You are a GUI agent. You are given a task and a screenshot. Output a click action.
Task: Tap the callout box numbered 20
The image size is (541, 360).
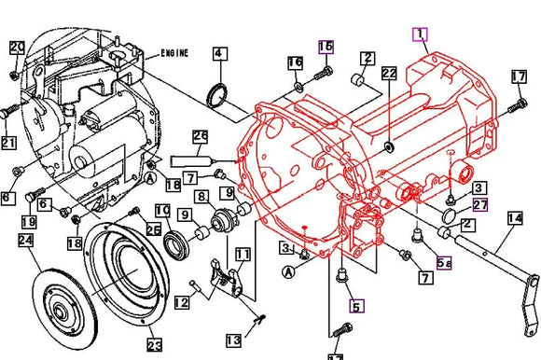click(x=18, y=47)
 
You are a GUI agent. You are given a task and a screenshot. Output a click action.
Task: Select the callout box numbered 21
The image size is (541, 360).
click(x=8, y=142)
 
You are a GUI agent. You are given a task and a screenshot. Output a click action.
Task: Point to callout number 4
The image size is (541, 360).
click(x=218, y=54)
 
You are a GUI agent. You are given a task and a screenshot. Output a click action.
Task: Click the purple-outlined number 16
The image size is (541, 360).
click(x=325, y=46)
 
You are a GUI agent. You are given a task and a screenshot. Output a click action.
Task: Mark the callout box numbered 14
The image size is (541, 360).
click(x=514, y=219)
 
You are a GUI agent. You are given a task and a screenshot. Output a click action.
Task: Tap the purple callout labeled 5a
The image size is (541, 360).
click(x=445, y=264)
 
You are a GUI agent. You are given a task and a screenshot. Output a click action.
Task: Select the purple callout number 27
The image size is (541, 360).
click(x=480, y=205)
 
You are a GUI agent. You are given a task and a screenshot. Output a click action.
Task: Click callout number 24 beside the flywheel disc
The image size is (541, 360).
click(x=25, y=241)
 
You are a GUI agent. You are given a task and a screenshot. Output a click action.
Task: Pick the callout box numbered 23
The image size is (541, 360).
click(x=153, y=344)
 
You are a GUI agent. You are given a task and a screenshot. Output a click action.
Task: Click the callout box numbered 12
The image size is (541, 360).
click(x=181, y=301)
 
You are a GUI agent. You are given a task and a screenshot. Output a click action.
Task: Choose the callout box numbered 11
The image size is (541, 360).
click(x=243, y=254)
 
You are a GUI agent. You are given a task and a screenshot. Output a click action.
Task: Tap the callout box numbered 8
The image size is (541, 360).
click(x=201, y=197)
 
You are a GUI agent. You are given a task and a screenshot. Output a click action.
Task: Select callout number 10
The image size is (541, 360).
click(x=162, y=210)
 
